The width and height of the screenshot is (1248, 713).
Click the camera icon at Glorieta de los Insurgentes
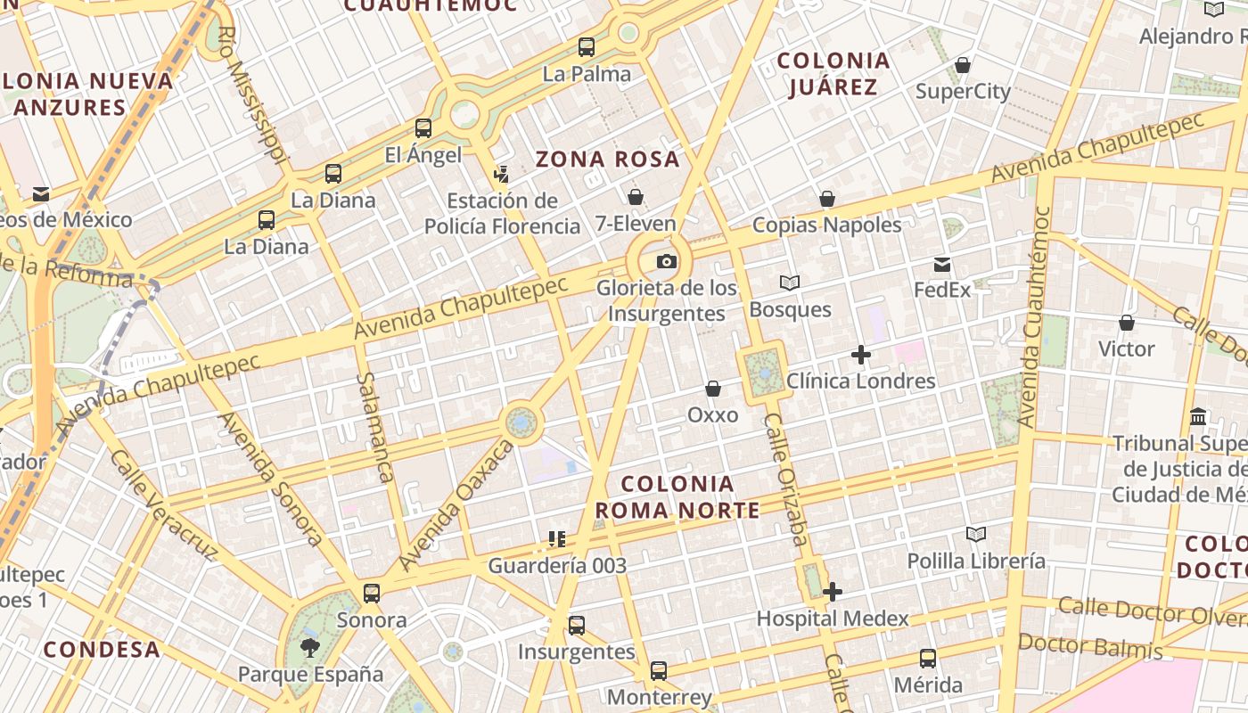pos(666,262)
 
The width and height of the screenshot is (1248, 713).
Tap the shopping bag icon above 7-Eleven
pos(636,197)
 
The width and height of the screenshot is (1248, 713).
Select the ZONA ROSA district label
pos(607,160)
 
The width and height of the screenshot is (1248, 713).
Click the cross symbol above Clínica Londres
pos(860,355)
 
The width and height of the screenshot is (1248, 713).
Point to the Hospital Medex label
pos(832,619)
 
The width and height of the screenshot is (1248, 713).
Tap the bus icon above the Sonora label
pos(372,593)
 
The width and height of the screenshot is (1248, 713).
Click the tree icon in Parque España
pos(309,648)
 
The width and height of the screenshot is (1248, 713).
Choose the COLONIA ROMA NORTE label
pos(677,497)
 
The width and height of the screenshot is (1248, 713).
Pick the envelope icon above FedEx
pos(942,265)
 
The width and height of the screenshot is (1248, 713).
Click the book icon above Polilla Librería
pos(976,534)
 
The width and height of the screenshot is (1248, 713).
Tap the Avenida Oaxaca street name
pos(456,504)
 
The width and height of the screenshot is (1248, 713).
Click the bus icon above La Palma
pos(587,47)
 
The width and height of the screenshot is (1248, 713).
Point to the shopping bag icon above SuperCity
pos(963,65)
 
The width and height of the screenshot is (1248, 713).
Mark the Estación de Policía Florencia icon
pos(502,174)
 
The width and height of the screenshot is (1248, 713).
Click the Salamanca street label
pos(374,428)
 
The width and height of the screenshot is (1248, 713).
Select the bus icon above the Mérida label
pos(928,659)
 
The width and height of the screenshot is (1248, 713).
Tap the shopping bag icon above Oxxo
pos(713,389)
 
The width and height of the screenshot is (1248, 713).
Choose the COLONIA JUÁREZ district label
pos(833,73)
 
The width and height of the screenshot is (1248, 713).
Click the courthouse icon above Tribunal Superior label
pos(1198,416)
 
